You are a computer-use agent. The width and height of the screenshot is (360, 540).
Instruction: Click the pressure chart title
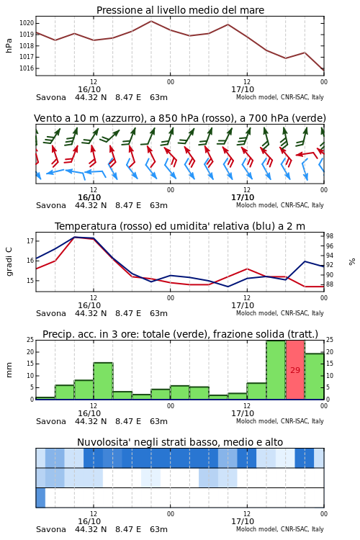click(x=180, y=10)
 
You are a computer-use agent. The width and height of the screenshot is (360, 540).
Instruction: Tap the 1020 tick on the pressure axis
click(x=27, y=23)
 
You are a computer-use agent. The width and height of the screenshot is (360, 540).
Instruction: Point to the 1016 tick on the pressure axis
click(x=27, y=68)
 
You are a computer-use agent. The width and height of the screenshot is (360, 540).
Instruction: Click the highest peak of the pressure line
click(x=151, y=21)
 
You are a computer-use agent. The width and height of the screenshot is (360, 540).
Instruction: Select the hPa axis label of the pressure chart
click(x=9, y=46)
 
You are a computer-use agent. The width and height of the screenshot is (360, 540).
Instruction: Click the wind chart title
click(x=180, y=118)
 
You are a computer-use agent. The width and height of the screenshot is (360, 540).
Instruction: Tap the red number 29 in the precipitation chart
click(x=295, y=370)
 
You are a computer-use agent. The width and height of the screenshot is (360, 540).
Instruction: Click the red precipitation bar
click(x=295, y=370)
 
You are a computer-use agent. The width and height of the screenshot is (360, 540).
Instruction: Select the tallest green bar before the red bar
click(x=276, y=370)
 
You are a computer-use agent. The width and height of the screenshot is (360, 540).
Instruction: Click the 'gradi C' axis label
click(x=9, y=261)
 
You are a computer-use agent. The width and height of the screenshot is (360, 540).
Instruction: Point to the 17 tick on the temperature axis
click(x=30, y=241)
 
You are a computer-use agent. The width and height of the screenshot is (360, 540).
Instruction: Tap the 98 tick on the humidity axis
click(x=330, y=236)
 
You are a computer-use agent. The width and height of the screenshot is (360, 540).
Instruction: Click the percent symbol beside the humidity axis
click(x=352, y=262)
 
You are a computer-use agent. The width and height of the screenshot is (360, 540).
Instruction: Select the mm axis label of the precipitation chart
click(x=9, y=370)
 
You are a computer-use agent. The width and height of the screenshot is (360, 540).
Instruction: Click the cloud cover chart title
click(x=180, y=442)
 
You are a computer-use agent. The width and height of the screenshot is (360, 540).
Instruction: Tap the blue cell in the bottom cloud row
click(x=40, y=498)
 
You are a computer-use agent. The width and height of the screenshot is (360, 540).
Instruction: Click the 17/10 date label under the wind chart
click(x=243, y=197)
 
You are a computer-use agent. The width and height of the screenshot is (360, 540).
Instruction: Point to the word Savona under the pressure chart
click(x=51, y=97)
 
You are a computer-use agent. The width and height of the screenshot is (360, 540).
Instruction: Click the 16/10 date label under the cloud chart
click(x=89, y=521)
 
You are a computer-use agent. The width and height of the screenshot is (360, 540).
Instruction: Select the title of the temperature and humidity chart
click(x=180, y=226)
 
